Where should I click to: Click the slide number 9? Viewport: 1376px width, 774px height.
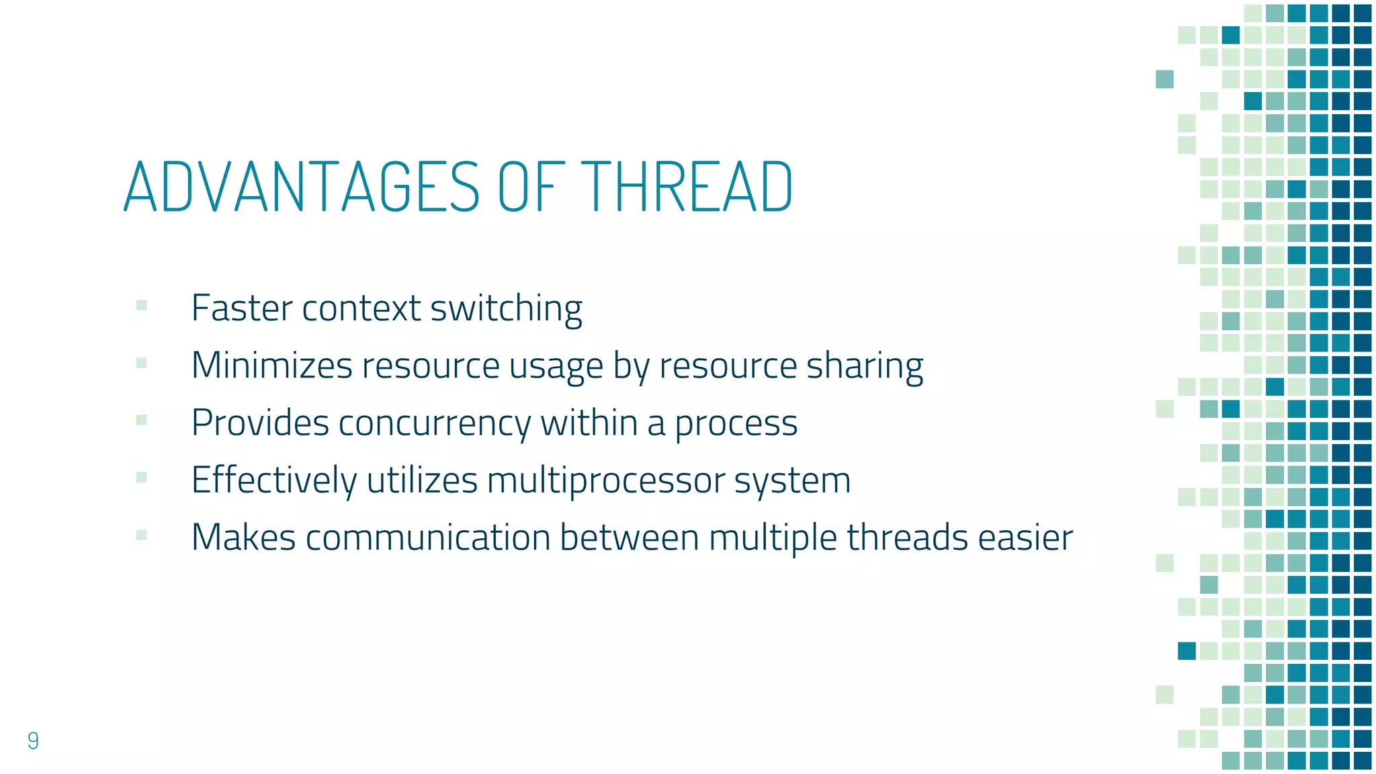pos(33,740)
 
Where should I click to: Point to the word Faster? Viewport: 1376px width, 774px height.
pos(241,308)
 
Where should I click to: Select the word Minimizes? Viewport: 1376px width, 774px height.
pos(271,366)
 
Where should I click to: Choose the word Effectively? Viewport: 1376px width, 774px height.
pos(273,481)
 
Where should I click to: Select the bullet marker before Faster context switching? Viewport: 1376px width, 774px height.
pos(141,306)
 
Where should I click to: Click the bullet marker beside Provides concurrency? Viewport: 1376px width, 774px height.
pos(141,421)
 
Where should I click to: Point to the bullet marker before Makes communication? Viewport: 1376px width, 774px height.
pos(141,535)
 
